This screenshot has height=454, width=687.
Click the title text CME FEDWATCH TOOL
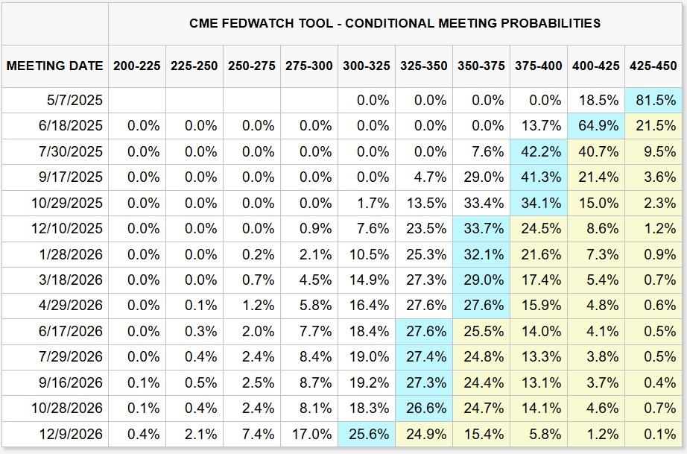(x=261, y=23)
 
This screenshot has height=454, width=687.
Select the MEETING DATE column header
(x=55, y=66)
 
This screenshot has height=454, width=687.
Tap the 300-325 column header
(x=367, y=66)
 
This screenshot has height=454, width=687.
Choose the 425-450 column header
(x=653, y=66)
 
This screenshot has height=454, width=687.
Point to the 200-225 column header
(x=136, y=66)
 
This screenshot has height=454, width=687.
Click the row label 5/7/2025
(x=75, y=101)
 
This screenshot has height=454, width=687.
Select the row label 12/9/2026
(x=71, y=435)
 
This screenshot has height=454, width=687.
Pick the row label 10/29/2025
(x=66, y=204)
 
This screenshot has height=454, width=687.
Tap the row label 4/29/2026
(x=71, y=306)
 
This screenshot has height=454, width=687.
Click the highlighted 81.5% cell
(x=653, y=101)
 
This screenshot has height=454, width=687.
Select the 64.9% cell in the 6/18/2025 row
(x=596, y=126)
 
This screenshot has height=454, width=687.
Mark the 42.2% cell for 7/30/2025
(x=539, y=151)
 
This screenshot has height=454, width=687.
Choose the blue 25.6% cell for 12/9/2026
(x=367, y=435)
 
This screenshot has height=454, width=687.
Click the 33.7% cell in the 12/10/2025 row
(x=481, y=229)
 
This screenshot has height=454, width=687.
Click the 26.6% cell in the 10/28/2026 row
(x=424, y=409)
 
